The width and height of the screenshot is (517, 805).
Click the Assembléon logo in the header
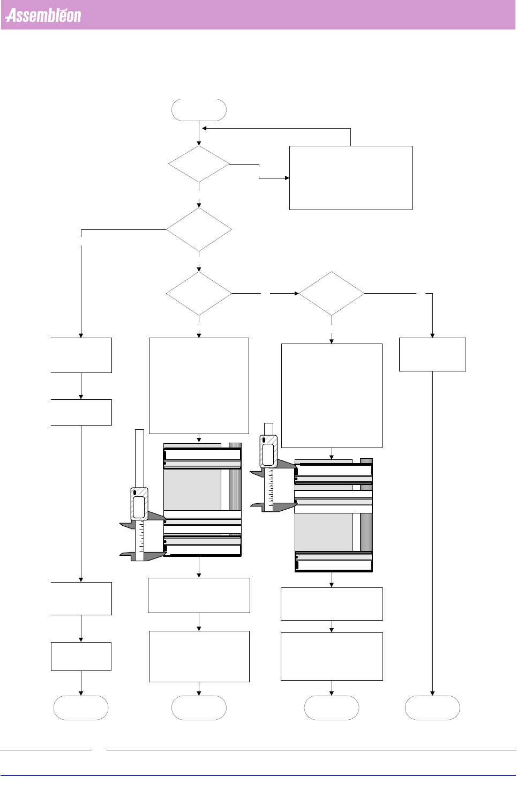pos(43,16)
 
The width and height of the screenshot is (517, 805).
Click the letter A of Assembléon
pos(11,16)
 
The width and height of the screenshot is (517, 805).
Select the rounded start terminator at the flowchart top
pos(199,110)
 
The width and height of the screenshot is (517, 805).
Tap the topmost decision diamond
pos(199,164)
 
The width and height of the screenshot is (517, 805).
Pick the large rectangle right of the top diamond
pos(350,177)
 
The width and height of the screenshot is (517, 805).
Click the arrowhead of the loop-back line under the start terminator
pos(204,129)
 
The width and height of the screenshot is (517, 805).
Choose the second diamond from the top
pos(199,229)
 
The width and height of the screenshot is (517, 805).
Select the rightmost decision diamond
pos(331,293)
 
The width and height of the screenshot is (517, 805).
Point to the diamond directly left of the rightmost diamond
pos(199,293)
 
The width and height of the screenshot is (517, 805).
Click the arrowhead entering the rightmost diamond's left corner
pos(296,293)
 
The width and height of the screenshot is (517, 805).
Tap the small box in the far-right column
pos(432,354)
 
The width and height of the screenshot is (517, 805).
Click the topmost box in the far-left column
pos(81,355)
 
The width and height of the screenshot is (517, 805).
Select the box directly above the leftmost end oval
pos(81,656)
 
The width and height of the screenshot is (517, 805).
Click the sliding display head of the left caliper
pos(139,503)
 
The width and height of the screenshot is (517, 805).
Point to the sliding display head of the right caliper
pos(268,451)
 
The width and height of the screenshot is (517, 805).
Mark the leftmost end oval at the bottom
pos(81,707)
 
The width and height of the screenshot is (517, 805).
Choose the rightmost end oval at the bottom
pos(432,707)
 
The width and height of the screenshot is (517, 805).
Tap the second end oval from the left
pos(199,707)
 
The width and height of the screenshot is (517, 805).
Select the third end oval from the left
pos(331,707)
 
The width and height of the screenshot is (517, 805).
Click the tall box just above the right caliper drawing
pos(332,396)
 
